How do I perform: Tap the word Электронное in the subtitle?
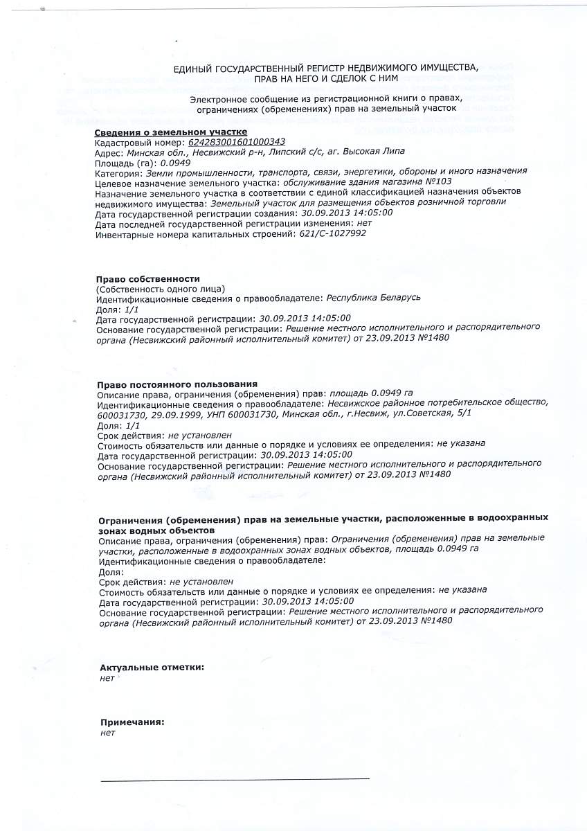[x=217, y=100]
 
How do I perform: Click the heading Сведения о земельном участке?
[x=170, y=132]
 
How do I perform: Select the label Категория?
[x=118, y=172]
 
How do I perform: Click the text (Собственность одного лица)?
[x=161, y=288]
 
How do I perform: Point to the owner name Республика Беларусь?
[x=373, y=298]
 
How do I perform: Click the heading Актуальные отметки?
[x=152, y=668]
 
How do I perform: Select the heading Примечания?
[x=132, y=722]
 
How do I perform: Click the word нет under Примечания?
[x=107, y=732]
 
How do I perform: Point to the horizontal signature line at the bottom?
[x=235, y=779]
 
